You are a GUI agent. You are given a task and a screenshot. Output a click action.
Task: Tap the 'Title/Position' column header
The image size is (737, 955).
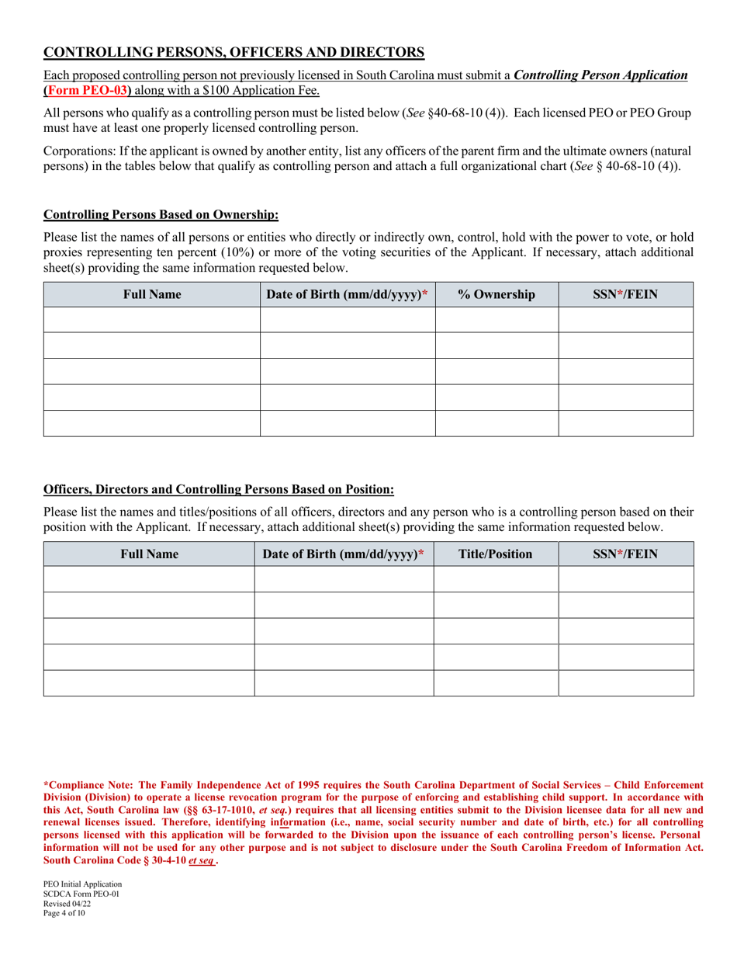[496, 554]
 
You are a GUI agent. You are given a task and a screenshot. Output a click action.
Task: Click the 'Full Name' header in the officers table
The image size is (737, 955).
[149, 554]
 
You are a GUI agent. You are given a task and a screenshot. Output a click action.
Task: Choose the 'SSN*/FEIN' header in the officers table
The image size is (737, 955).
[625, 554]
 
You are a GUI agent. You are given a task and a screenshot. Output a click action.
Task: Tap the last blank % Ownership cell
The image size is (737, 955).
[497, 423]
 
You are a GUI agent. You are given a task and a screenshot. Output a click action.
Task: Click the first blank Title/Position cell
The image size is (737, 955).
[496, 579]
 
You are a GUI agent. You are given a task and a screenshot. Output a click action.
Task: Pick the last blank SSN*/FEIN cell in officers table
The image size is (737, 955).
[625, 683]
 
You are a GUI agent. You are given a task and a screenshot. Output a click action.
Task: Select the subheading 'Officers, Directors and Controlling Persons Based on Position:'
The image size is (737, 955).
[219, 490]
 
